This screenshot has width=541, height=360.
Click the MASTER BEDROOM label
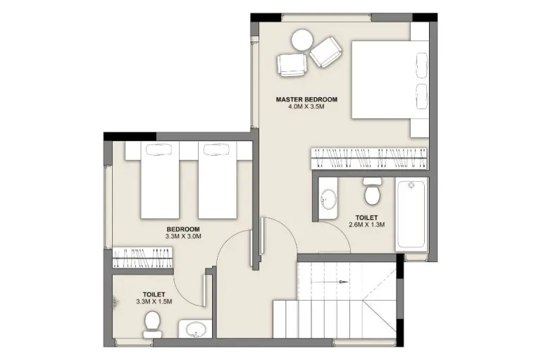306,99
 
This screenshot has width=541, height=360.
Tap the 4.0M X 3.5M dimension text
306,106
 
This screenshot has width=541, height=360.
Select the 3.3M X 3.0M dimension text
183,237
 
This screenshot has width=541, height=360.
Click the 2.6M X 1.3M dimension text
367,225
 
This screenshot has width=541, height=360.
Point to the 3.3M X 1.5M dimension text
154,302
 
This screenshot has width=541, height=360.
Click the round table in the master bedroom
302,40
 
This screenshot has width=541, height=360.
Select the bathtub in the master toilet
411,214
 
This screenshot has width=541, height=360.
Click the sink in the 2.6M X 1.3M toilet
328,199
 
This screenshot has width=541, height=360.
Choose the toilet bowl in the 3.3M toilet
152,325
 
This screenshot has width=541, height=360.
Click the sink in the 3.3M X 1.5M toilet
195,329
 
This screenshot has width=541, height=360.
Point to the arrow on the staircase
330,282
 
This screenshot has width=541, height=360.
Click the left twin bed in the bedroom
160,180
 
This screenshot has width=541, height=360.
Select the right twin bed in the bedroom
218,180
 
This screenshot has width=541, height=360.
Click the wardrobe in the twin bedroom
142,258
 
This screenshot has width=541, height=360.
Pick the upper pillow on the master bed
422,66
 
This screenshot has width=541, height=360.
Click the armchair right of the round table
326,52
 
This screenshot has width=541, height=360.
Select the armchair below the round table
292,65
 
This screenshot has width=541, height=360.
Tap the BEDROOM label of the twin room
183,229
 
